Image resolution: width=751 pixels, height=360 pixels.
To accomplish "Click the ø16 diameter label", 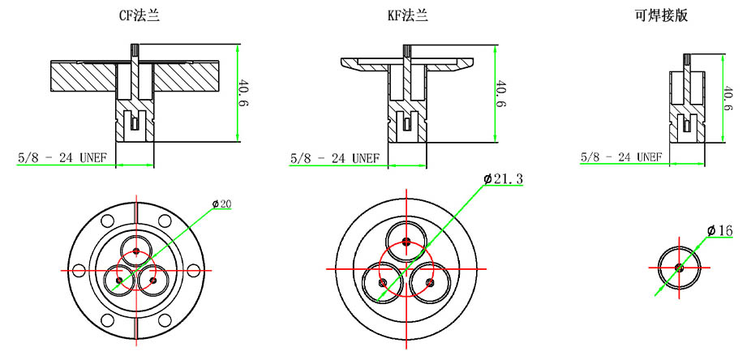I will [x=719, y=231].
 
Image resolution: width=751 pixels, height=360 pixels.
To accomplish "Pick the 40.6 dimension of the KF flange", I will [x=500, y=95].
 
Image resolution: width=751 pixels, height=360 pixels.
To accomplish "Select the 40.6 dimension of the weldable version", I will [x=727, y=97].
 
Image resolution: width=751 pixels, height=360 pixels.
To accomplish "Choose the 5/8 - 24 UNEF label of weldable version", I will [x=620, y=156].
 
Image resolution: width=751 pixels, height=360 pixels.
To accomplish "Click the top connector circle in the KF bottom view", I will [x=405, y=239].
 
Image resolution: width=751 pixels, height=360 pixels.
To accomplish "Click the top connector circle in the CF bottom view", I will [x=135, y=249].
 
